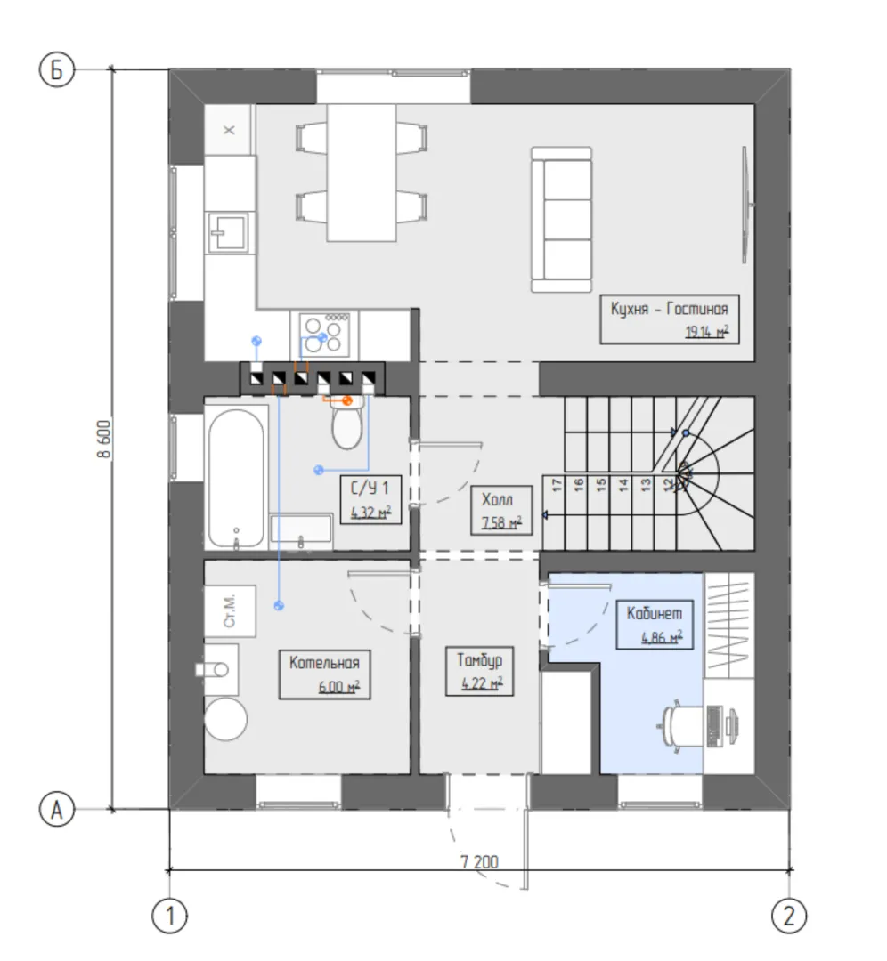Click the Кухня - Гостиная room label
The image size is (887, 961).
669,308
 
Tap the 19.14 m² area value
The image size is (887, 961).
706,332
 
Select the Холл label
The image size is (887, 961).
497,499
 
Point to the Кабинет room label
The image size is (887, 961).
654,613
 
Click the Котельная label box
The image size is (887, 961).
324,674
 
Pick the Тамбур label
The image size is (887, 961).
480,660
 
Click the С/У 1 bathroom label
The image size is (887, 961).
370,489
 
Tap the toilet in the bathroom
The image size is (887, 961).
347,422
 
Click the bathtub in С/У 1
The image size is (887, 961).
236,478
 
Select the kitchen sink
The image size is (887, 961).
228,232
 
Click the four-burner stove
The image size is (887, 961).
324,335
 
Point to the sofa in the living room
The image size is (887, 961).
561,220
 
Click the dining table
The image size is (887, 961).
362,173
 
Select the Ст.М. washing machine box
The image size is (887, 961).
230,611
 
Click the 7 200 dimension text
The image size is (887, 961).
480,861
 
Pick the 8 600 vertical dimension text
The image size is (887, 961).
105,439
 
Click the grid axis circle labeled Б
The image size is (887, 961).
56,70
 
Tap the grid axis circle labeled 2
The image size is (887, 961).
789,917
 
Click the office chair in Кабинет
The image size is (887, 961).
683,726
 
